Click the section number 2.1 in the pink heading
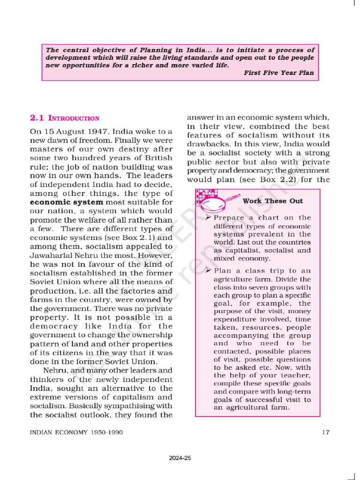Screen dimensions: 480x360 [37, 118]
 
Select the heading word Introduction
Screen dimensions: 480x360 [74, 119]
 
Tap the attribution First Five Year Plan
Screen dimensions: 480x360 [278, 73]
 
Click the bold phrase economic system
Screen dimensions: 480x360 [67, 202]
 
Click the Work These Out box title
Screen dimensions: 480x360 [272, 201]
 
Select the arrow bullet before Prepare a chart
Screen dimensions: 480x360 [209, 217]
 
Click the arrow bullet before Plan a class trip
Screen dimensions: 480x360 [209, 270]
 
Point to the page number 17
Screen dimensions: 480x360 [325, 432]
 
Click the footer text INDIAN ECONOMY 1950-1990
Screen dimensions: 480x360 [76, 432]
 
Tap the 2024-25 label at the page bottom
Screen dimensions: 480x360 [180, 458]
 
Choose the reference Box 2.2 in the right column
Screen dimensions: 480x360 [261, 180]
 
